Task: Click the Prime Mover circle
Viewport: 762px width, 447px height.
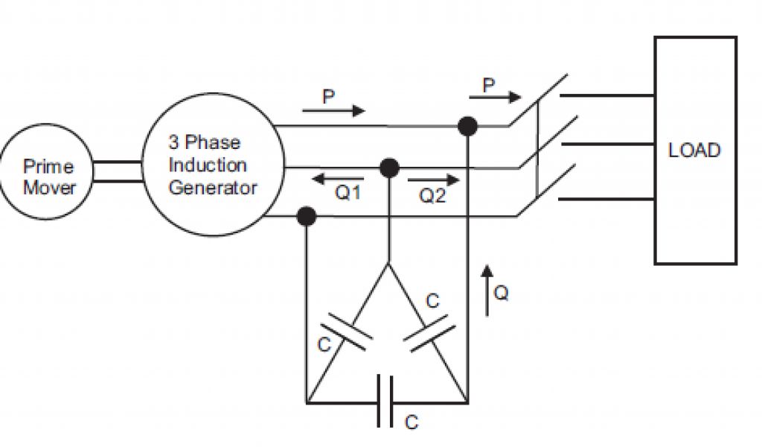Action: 49,177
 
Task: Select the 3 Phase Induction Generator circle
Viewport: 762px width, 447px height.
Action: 212,165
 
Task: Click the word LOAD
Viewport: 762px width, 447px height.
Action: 694,150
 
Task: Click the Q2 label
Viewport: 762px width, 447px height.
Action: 432,197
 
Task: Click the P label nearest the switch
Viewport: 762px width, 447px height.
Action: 489,86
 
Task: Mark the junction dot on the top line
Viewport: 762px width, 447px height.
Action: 467,126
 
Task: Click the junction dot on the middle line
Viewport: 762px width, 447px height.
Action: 388,168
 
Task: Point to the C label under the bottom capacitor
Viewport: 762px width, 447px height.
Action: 411,422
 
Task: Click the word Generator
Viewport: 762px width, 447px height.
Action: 212,187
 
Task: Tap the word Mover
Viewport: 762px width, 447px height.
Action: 49,188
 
